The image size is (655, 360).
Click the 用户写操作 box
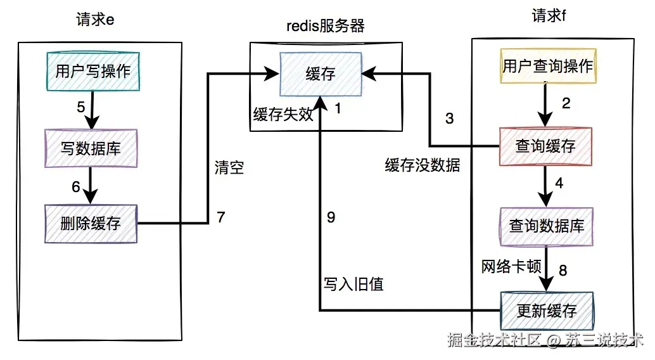pyautogui.click(x=93, y=70)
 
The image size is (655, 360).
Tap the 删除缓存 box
pyautogui.click(x=91, y=223)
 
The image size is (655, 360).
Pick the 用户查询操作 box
pyautogui.click(x=547, y=66)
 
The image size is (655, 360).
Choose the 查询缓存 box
pyautogui.click(x=545, y=146)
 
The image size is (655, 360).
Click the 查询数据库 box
pyautogui.click(x=547, y=226)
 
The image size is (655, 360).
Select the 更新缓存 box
pyautogui.click(x=547, y=310)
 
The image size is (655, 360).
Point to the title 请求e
pyautogui.click(x=95, y=20)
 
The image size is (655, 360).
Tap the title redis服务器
pyautogui.click(x=326, y=26)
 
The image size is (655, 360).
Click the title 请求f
pyautogui.click(x=549, y=16)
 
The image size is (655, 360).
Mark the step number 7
pyautogui.click(x=220, y=217)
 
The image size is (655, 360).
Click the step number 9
pyautogui.click(x=331, y=217)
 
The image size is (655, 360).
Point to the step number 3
pyautogui.click(x=449, y=119)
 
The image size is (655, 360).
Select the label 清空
pyautogui.click(x=229, y=168)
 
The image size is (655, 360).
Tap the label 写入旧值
pyautogui.click(x=353, y=283)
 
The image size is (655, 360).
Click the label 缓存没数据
pyautogui.click(x=423, y=166)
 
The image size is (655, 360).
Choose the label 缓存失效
pyautogui.click(x=283, y=114)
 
